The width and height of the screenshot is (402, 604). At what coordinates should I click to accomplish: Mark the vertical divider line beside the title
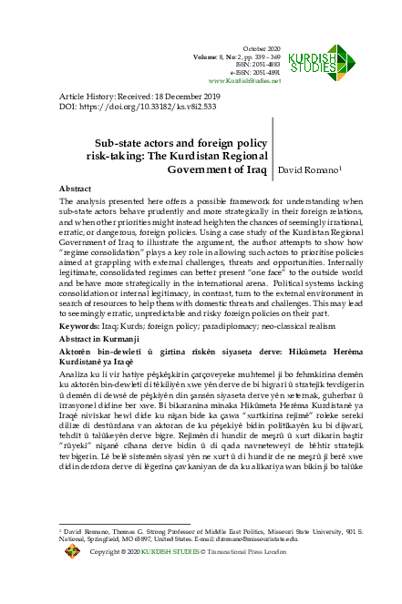pos(273,156)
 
